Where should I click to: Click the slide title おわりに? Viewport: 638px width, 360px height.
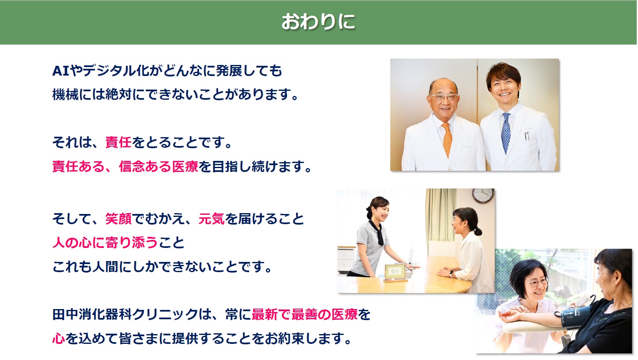click(318, 22)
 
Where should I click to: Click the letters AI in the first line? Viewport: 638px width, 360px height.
click(61, 71)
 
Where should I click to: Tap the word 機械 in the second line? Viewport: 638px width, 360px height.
click(65, 94)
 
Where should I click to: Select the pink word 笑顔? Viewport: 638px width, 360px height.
click(118, 219)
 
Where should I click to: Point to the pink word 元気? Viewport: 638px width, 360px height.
click(212, 219)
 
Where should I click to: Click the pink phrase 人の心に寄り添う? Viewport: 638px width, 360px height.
click(105, 243)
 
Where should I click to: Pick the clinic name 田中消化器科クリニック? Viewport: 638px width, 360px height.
click(125, 315)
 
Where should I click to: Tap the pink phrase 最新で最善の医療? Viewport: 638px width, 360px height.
click(305, 315)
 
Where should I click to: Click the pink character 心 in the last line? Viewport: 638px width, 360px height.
click(59, 339)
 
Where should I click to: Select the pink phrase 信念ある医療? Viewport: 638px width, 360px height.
click(158, 166)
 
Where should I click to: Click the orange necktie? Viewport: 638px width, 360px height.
click(447, 139)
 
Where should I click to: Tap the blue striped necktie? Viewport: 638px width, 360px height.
click(506, 133)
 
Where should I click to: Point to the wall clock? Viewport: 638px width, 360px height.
click(483, 196)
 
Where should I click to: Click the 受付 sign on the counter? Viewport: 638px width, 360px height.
click(395, 272)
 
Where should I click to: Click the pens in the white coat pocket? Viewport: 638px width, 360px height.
click(527, 136)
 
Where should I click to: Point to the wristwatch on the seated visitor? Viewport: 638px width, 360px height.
click(451, 273)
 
